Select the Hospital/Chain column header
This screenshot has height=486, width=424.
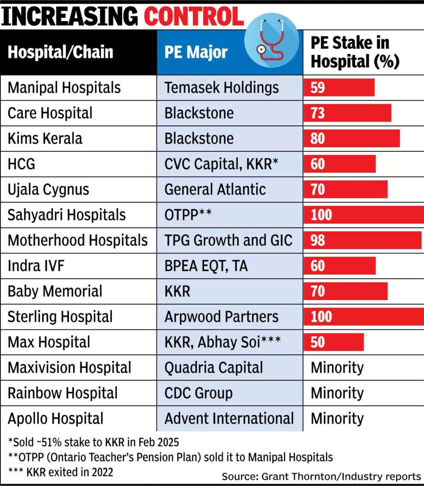(61, 52)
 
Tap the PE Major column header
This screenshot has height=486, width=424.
(196, 52)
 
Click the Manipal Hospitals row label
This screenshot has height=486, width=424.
(64, 87)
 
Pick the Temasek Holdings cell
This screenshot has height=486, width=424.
(221, 87)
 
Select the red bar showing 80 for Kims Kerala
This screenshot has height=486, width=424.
(351, 139)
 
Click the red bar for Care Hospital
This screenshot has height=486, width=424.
(347, 113)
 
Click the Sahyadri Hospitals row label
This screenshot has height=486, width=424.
(66, 215)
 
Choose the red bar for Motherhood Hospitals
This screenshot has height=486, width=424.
(362, 240)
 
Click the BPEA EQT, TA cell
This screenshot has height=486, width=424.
(206, 266)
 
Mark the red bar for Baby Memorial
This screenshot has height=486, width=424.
(346, 291)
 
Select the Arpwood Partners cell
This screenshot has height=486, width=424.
(221, 317)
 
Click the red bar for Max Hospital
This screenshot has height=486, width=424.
(334, 342)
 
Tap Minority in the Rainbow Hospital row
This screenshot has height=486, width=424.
(337, 393)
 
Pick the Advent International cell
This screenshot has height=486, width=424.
(229, 419)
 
